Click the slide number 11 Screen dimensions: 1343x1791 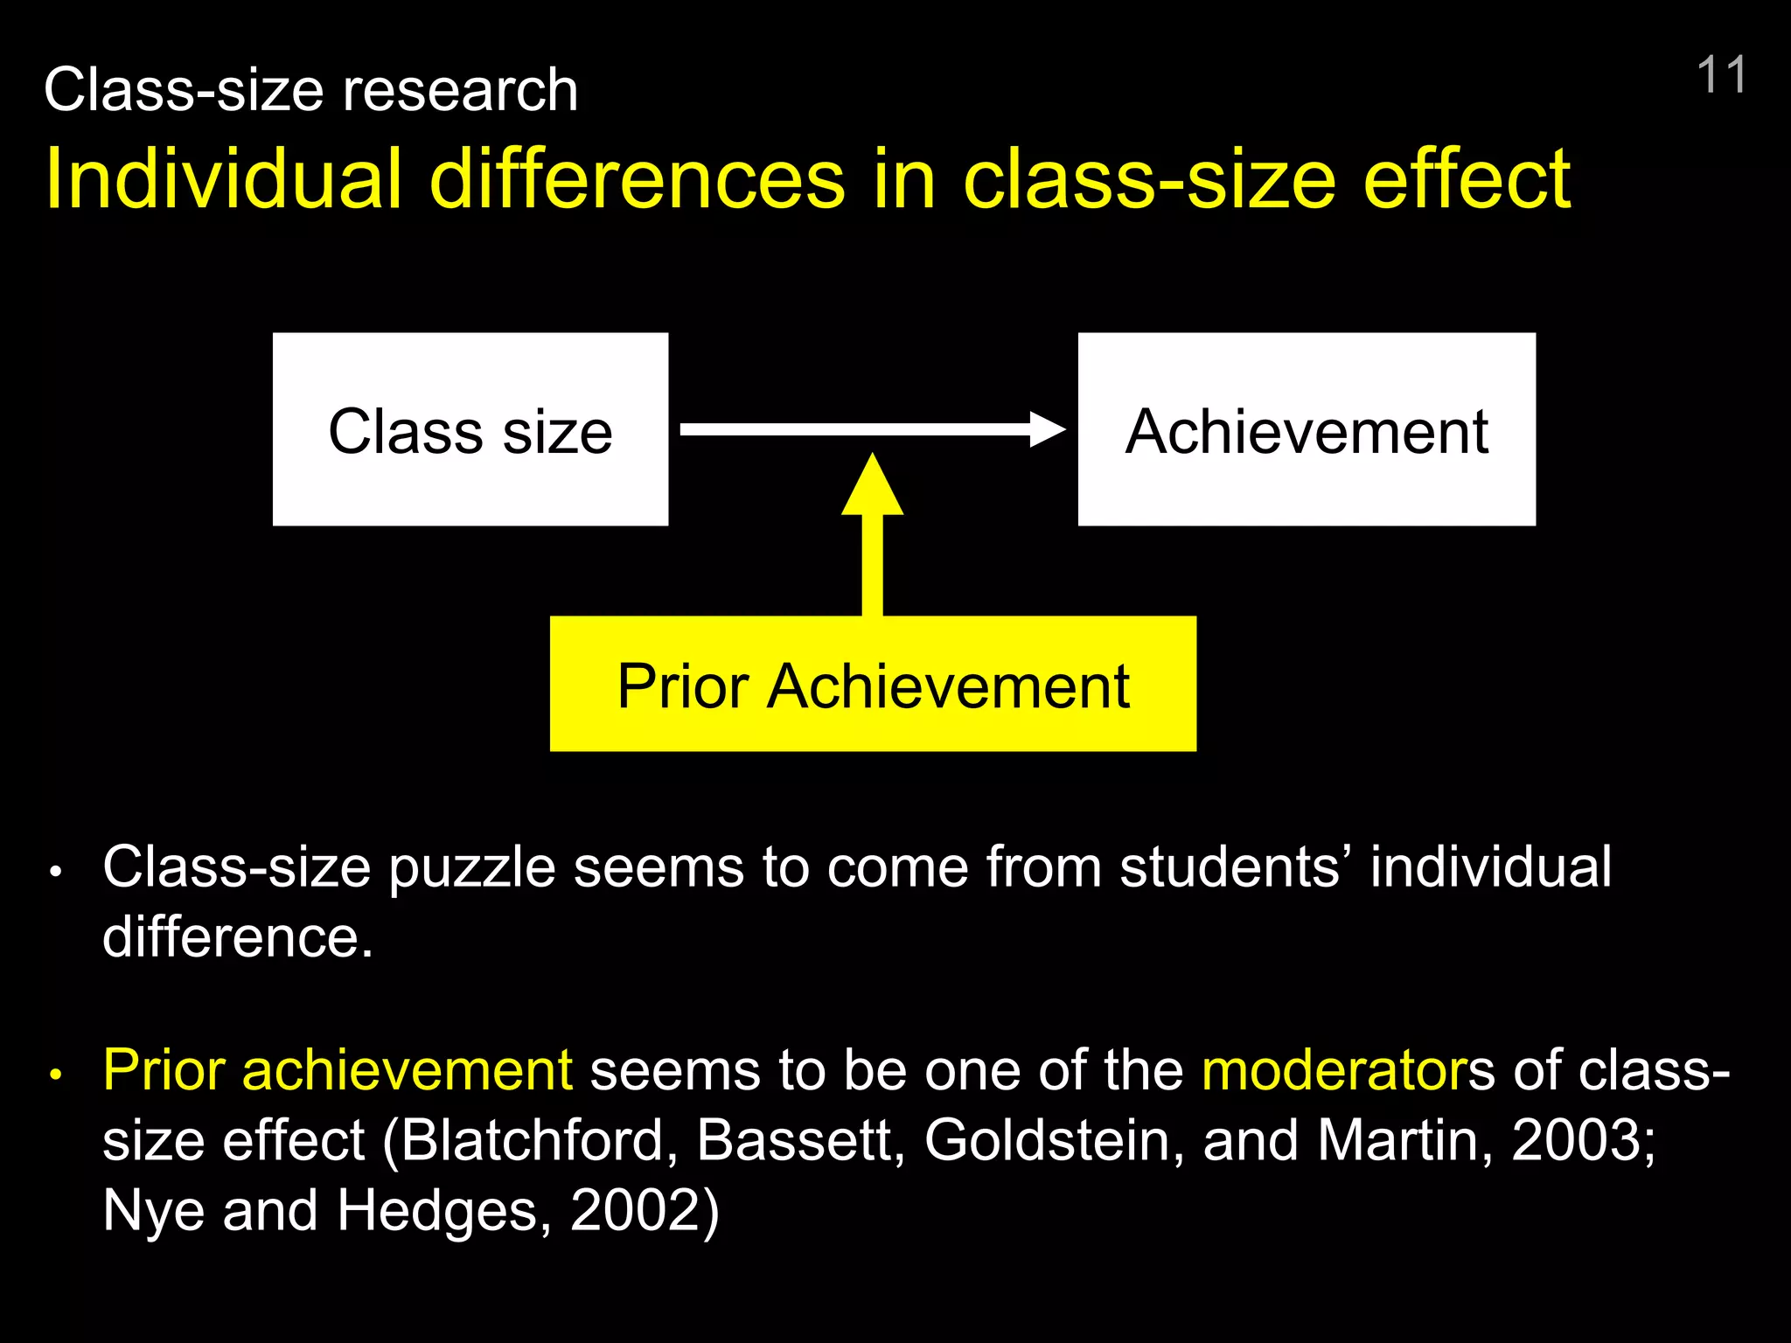(1720, 75)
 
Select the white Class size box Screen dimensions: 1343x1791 (470, 429)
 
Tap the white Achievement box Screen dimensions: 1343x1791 (1307, 429)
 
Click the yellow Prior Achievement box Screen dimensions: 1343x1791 (873, 684)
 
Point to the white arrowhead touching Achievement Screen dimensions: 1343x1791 (1047, 429)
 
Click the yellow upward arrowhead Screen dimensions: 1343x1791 (872, 486)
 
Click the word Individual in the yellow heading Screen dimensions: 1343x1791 (224, 179)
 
